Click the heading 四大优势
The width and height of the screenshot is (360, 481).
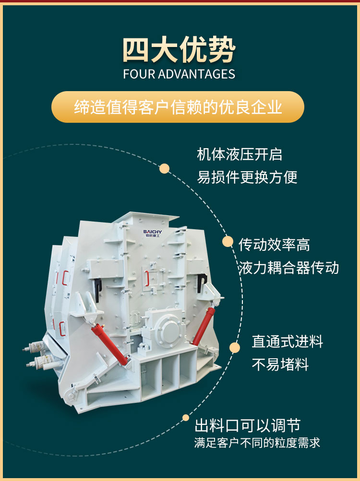point(179,50)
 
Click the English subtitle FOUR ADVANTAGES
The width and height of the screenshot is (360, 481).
point(179,74)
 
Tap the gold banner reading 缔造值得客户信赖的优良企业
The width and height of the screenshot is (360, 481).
point(178,107)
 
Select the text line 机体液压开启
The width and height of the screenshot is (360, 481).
point(240,154)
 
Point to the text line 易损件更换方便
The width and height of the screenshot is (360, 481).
point(247,177)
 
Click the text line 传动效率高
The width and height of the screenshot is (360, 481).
point(274,245)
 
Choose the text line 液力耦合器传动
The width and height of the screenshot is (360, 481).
point(289,268)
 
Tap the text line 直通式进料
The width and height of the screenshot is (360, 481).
point(287,341)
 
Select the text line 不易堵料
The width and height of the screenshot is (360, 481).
point(280,364)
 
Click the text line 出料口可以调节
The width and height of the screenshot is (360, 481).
point(248,425)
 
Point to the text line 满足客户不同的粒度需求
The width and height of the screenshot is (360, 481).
point(257,443)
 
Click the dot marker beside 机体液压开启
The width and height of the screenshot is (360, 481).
point(164,168)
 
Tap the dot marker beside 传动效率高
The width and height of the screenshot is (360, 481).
point(228,242)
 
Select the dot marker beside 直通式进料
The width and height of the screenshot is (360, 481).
point(235,348)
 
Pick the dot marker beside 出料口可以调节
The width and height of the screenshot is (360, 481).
point(186,418)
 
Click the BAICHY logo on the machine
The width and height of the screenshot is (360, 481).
point(152,234)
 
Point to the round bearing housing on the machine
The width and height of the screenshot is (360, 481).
point(168,330)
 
